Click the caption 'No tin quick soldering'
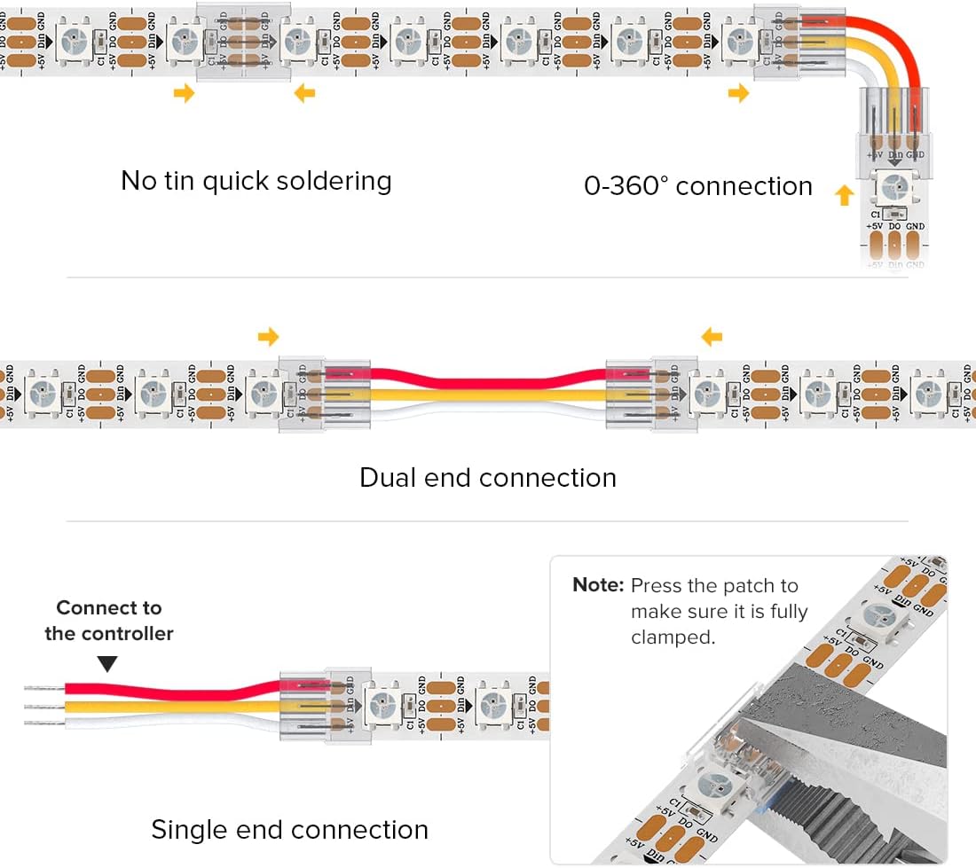[256, 181]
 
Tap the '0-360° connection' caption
[697, 186]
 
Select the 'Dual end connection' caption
[487, 478]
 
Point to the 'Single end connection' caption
[289, 830]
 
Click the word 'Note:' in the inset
[599, 586]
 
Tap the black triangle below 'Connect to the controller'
[107, 663]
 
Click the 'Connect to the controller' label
[109, 621]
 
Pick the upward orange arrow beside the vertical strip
[844, 194]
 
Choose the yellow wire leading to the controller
[160, 707]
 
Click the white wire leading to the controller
[160, 723]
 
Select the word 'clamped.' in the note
[673, 637]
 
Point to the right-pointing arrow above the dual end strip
[268, 336]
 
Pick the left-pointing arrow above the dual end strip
[712, 336]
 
